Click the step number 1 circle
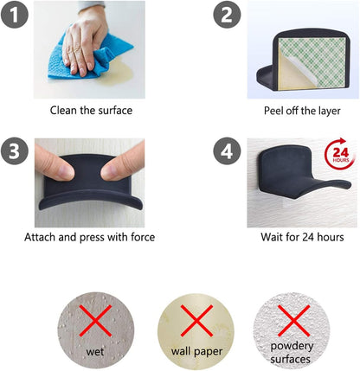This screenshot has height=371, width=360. (x=15, y=15)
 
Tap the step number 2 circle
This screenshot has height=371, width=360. (x=227, y=15)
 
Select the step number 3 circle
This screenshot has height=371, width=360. (x=15, y=151)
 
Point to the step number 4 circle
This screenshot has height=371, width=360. (x=227, y=151)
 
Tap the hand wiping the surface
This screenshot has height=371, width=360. (x=84, y=41)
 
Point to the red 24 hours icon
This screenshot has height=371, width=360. (x=339, y=154)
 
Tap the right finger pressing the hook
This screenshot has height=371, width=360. (x=124, y=164)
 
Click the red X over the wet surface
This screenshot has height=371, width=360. (x=95, y=321)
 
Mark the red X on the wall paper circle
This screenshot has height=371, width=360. (x=196, y=321)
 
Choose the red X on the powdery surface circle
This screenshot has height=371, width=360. (x=294, y=321)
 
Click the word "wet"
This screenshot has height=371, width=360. (x=95, y=352)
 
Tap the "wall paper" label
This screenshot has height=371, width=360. (x=196, y=352)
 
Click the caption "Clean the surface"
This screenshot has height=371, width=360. (x=91, y=111)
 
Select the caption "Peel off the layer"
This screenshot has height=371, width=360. (x=302, y=111)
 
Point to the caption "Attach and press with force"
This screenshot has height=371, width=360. (x=90, y=237)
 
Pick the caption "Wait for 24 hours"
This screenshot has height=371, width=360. (x=302, y=237)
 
